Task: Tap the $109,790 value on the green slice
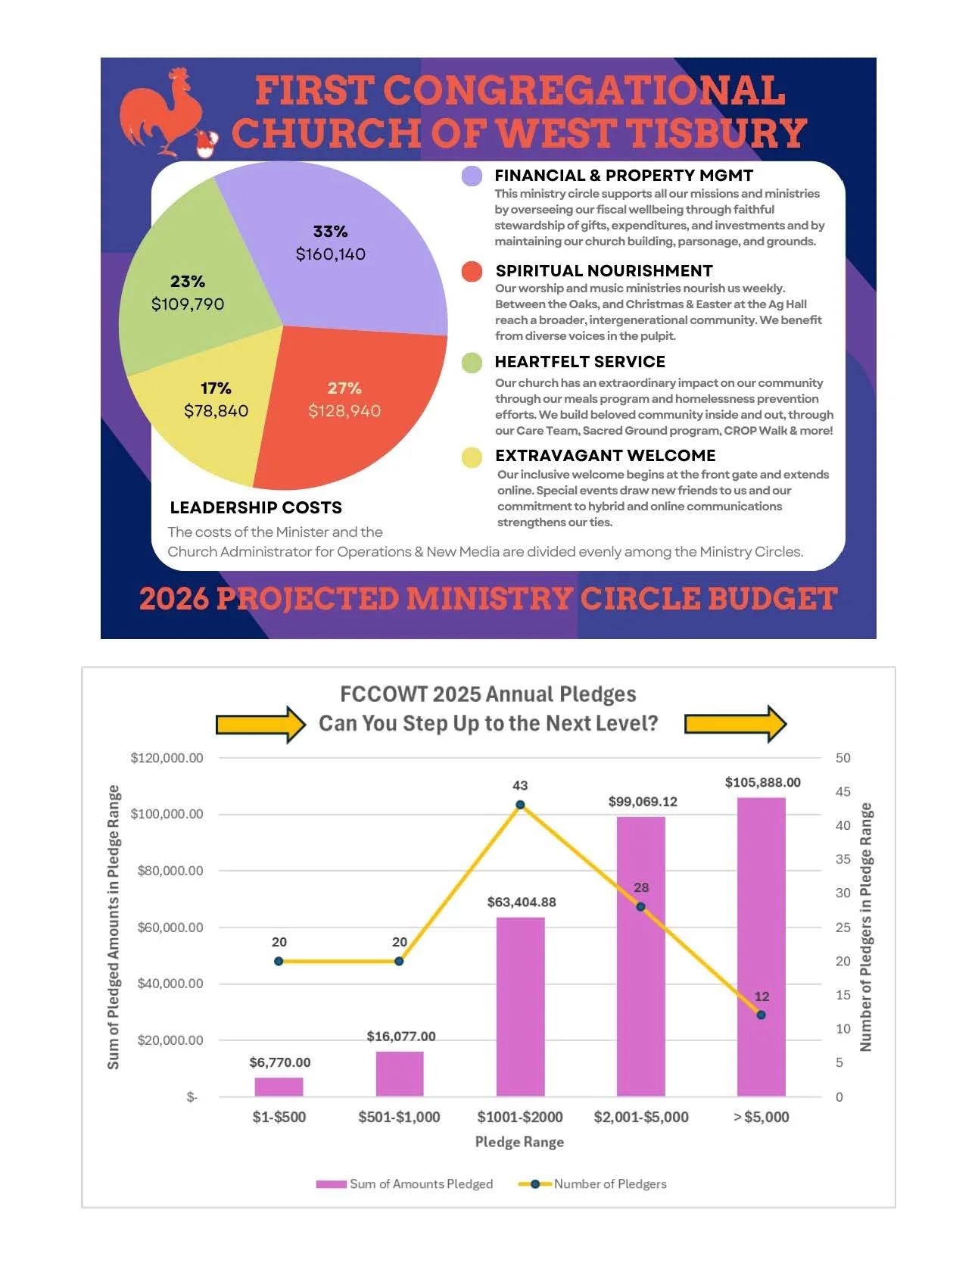coord(188,304)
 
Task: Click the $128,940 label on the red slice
coord(344,411)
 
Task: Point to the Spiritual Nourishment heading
coord(604,271)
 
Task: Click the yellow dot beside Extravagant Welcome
coord(472,457)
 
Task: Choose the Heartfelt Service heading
coord(580,362)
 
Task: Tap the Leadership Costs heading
coord(256,508)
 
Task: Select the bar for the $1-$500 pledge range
coord(279,1087)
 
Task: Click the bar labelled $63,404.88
coord(520,1007)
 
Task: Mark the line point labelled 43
coord(520,805)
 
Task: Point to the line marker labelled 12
coord(762,1015)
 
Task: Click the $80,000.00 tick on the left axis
coord(170,871)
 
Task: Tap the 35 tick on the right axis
coord(843,859)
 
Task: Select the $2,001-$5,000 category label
coord(641,1117)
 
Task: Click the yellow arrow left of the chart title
coord(261,725)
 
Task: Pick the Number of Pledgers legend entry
coord(593,1184)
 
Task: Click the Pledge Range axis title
coord(519,1142)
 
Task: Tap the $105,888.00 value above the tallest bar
coord(762,782)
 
